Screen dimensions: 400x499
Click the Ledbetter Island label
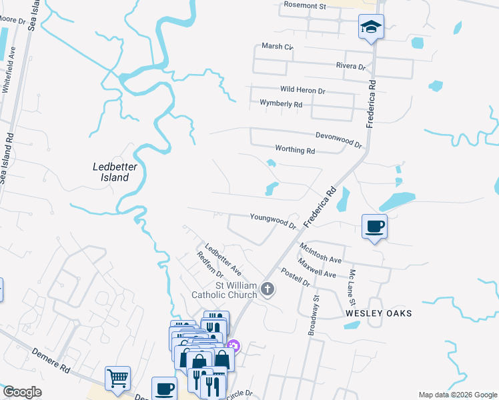click(111, 173)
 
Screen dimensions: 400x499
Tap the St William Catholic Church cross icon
click(268, 289)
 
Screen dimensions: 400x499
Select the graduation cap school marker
click(371, 27)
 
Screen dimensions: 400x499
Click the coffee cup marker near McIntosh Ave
click(374, 226)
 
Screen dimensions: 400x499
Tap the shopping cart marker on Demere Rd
click(117, 378)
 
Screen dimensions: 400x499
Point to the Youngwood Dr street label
click(273, 218)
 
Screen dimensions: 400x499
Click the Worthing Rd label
click(294, 150)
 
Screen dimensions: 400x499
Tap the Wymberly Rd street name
click(281, 105)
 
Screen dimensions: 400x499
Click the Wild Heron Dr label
click(302, 90)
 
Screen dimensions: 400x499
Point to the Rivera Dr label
click(351, 67)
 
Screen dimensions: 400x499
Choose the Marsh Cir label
click(278, 46)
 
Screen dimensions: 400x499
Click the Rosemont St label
click(304, 6)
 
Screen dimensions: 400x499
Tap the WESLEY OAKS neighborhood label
click(378, 313)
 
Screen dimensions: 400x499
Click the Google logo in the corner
click(22, 392)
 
